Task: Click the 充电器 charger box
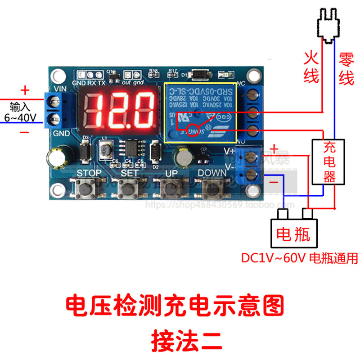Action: [329, 162]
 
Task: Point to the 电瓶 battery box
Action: [293, 233]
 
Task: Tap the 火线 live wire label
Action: [311, 66]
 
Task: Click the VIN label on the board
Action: [60, 88]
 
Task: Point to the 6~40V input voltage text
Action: [20, 118]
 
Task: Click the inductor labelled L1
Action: [106, 149]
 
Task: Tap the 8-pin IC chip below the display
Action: [132, 148]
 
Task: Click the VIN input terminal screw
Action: [55, 102]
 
